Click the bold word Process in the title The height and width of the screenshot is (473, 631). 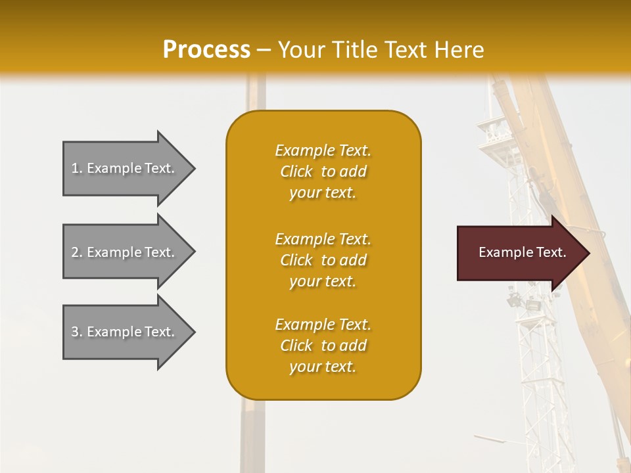pos(206,50)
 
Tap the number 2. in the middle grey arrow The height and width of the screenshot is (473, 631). pos(76,252)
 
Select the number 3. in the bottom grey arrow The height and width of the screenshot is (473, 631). pos(76,332)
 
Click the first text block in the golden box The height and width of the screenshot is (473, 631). pos(323,171)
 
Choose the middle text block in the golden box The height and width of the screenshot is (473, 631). pos(323,260)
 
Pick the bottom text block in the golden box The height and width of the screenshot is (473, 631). pos(323,346)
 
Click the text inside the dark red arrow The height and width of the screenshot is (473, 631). pos(523,252)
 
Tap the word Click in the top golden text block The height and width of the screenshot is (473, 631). pos(296,171)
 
